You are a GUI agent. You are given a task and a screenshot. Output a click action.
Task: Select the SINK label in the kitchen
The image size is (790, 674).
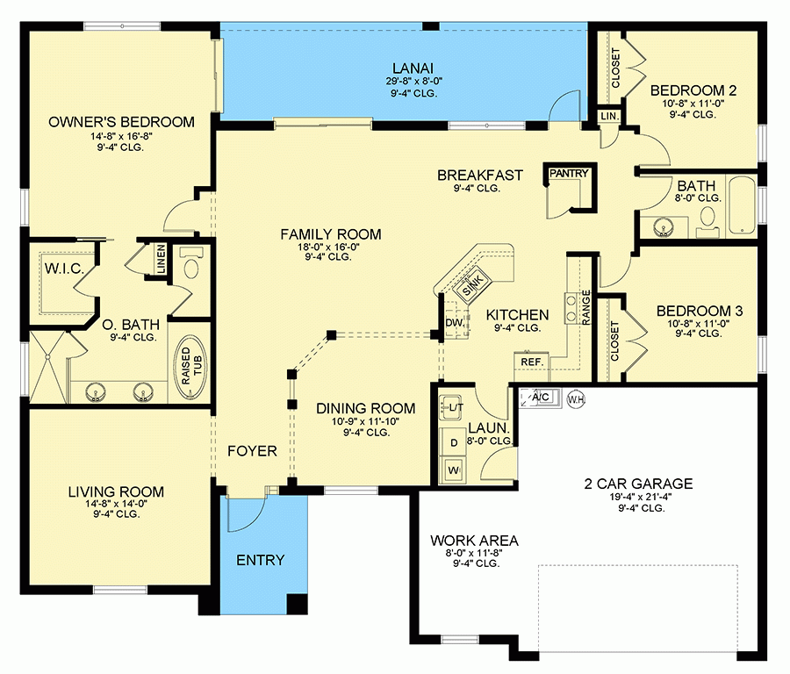click(472, 283)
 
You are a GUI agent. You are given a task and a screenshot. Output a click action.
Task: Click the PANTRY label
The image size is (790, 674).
click(567, 174)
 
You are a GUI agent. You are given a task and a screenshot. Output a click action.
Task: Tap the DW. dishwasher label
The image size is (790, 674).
click(454, 323)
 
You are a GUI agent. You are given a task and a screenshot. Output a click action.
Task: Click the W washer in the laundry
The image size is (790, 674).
click(455, 470)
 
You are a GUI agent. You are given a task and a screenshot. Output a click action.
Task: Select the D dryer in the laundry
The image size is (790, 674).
click(455, 441)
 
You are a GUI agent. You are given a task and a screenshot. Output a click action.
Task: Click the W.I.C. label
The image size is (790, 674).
click(63, 269)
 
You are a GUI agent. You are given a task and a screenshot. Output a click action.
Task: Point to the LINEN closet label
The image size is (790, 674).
click(161, 260)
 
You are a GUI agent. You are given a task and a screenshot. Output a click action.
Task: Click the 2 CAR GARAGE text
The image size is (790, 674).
click(638, 484)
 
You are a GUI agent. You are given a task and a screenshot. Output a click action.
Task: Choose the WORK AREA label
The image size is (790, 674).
click(473, 541)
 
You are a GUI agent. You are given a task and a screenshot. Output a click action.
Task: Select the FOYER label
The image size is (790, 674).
click(252, 451)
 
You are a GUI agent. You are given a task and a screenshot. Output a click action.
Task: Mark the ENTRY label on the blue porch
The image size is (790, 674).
click(260, 560)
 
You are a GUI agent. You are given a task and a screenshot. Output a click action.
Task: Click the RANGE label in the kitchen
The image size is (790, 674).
click(585, 310)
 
